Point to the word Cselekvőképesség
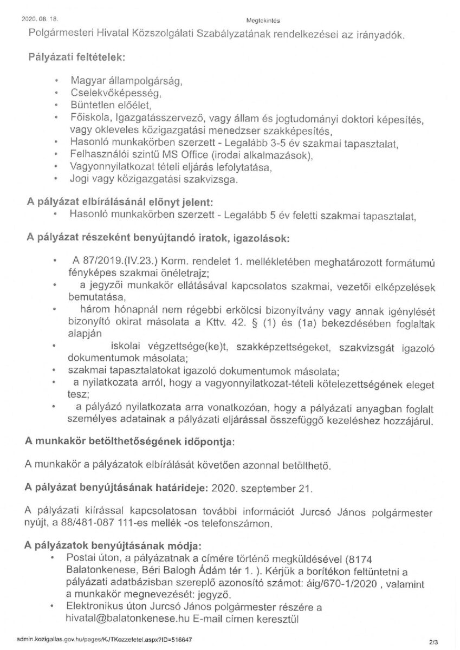108,93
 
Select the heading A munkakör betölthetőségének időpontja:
130,442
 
